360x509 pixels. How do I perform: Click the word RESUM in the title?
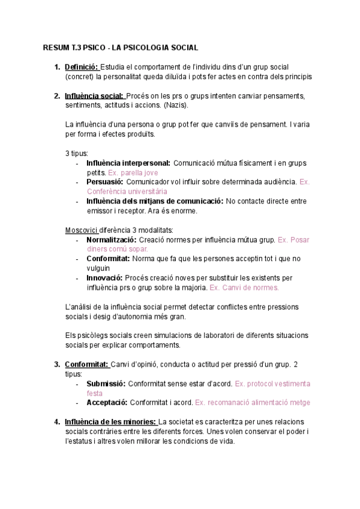pos(55,47)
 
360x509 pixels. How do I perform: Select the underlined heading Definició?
pos(82,67)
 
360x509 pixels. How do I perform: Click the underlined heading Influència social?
pos(94,96)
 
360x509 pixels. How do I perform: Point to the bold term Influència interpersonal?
pos(128,163)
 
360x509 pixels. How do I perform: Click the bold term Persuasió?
pos(104,182)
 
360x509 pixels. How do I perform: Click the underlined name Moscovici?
pos(81,230)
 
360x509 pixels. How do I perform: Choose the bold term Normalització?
pos(112,239)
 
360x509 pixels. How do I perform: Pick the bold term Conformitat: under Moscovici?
pos(108,259)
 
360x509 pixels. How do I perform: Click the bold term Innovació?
pos(104,278)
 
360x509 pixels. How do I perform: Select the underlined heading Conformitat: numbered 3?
pos(86,364)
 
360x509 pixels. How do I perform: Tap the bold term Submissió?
pos(106,384)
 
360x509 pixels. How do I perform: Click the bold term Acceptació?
pos(106,403)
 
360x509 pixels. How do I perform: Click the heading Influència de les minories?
pos(111,422)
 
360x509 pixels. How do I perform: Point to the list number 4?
pos(56,422)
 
